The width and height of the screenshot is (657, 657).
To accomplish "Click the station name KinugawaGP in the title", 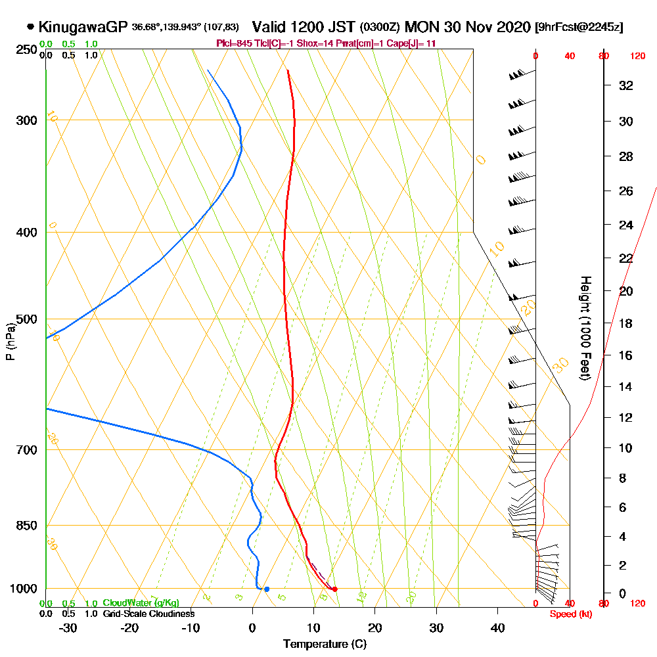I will tap(83, 27).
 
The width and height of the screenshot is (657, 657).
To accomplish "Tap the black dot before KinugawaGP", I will tap(30, 27).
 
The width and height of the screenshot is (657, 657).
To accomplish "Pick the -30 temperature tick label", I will tap(68, 628).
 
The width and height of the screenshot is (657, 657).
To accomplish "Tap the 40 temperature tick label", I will tap(497, 628).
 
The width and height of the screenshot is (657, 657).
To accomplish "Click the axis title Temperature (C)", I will tap(325, 645).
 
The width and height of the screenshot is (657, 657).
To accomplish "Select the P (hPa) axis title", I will tap(10, 342).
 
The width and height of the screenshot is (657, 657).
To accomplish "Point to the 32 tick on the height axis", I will tap(626, 85).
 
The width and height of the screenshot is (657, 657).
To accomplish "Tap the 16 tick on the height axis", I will tap(626, 355).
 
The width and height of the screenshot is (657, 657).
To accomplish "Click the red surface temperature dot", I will tap(335, 589).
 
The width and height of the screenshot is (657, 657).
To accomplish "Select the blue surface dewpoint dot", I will tap(266, 589).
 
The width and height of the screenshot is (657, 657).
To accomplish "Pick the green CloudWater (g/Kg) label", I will tap(141, 603).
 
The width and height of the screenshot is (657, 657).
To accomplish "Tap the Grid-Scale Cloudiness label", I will tap(148, 614).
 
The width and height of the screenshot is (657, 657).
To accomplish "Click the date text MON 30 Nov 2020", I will tap(467, 27).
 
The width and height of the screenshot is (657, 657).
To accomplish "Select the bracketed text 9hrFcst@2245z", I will tap(579, 27).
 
